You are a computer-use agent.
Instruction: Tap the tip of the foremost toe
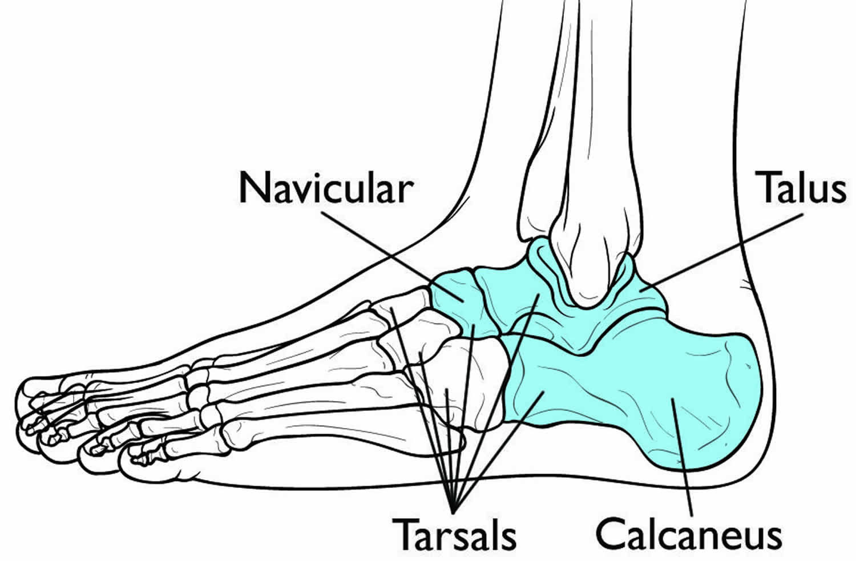[x=21, y=399]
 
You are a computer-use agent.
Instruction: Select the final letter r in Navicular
[x=404, y=193]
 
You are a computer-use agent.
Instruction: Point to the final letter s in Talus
[x=837, y=193]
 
